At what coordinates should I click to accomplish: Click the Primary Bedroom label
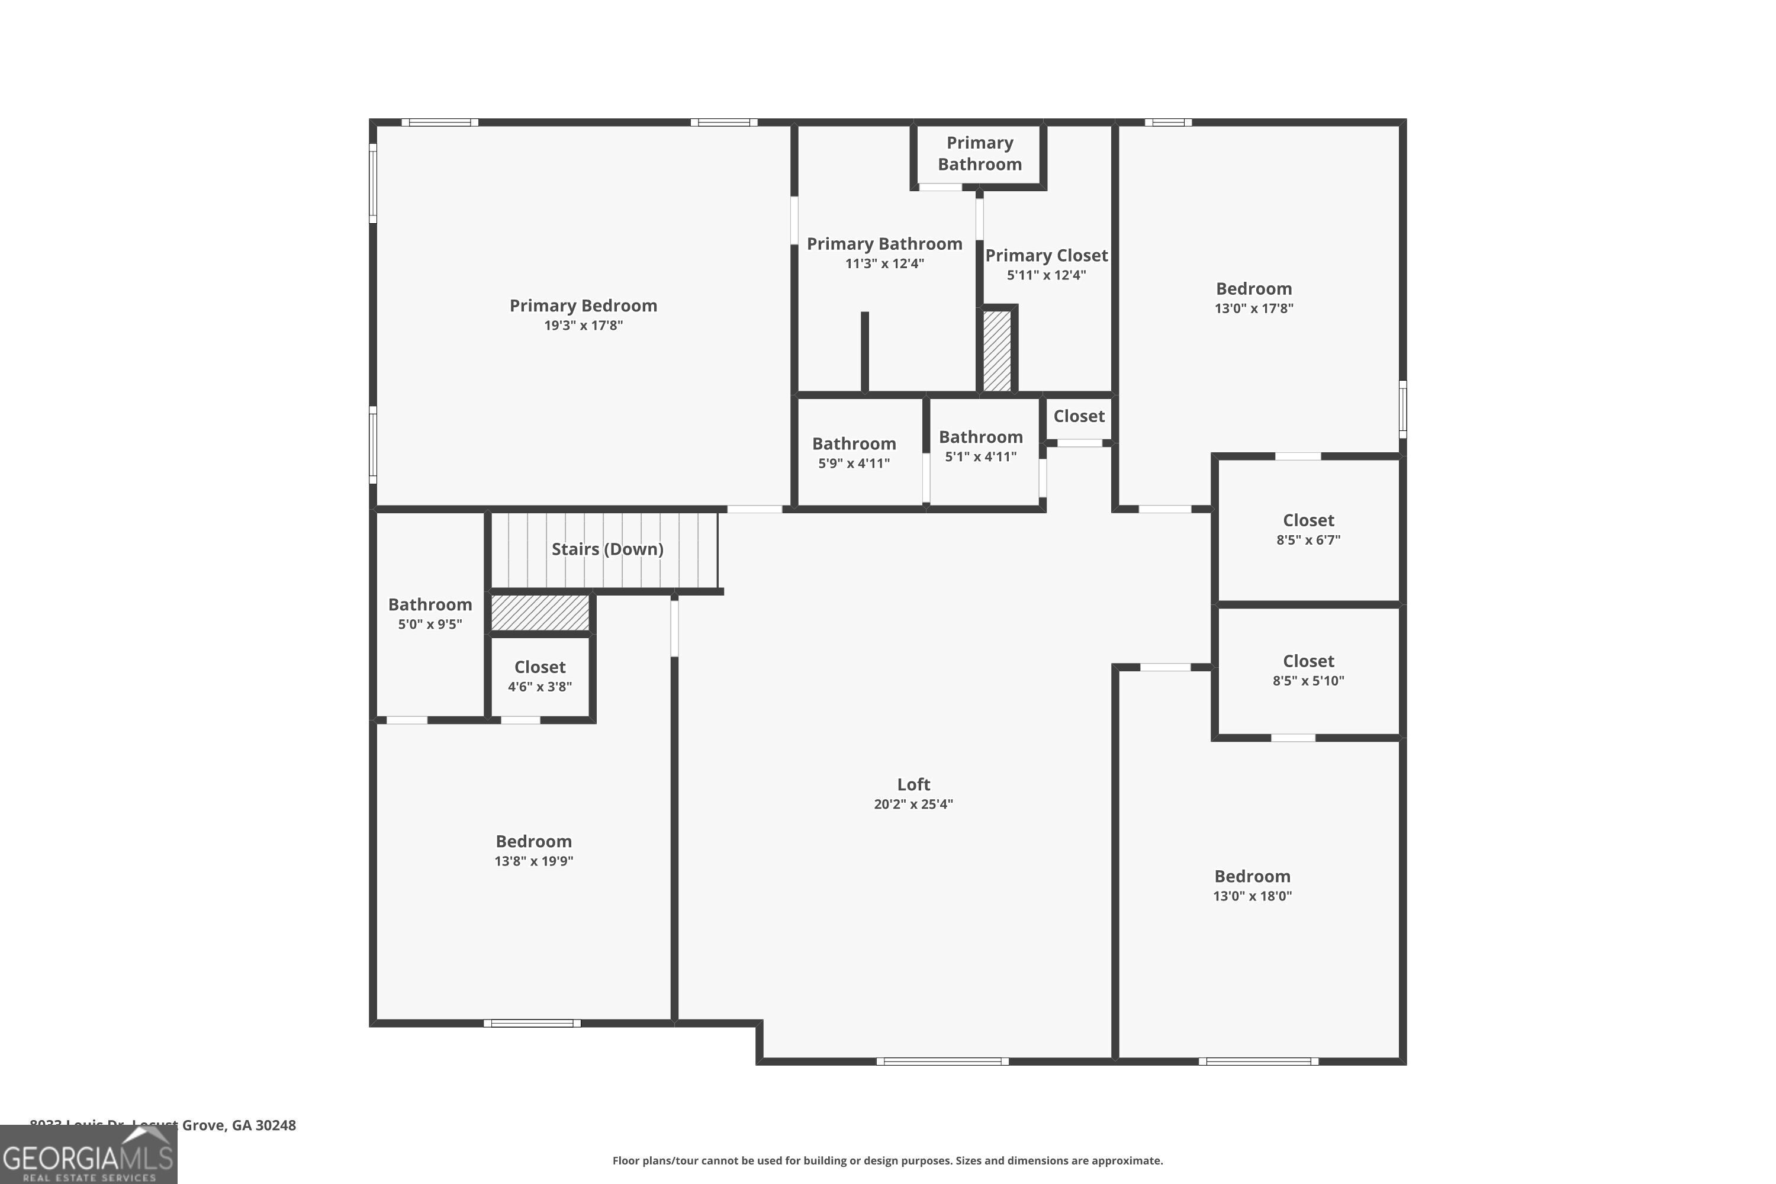click(583, 306)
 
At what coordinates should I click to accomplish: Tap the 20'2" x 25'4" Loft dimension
click(913, 804)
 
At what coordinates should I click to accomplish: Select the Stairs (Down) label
click(607, 549)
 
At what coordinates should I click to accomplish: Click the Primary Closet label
click(1046, 255)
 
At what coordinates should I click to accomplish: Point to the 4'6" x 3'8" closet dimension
click(539, 686)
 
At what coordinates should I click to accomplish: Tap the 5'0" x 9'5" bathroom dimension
click(430, 625)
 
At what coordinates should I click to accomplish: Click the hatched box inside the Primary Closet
click(997, 351)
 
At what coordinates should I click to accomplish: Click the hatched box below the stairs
click(540, 612)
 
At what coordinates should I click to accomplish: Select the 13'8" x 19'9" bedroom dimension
click(533, 861)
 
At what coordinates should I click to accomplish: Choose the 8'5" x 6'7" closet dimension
click(1308, 540)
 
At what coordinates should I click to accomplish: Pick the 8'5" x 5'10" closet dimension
click(1308, 680)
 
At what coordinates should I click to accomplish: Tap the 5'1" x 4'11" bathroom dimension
click(980, 456)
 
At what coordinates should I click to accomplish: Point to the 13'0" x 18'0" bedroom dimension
click(1252, 896)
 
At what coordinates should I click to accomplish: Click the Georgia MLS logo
click(88, 1156)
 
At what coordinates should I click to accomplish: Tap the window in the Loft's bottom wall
click(942, 1061)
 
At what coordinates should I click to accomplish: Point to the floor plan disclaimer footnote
click(887, 1160)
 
